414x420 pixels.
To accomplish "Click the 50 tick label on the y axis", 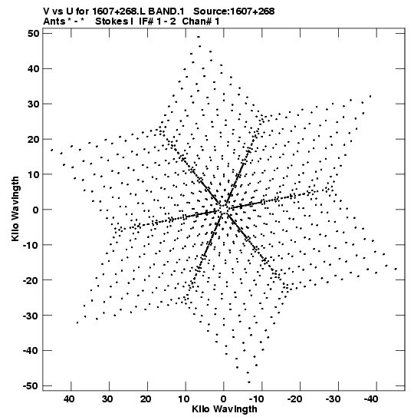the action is pyautogui.click(x=34, y=34).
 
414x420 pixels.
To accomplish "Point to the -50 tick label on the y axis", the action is pyautogui.click(x=31, y=386).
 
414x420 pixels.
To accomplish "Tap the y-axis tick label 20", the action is pyautogui.click(x=34, y=139).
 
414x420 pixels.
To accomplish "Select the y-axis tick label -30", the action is pyautogui.click(x=31, y=316).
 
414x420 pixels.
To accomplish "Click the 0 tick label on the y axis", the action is pyautogui.click(x=36, y=210).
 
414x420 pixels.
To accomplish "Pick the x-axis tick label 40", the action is pyautogui.click(x=69, y=399).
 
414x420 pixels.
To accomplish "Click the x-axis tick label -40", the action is pyautogui.click(x=371, y=399).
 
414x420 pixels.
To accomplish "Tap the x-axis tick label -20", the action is pyautogui.click(x=294, y=399).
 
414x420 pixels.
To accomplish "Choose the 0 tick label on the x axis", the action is pyautogui.click(x=224, y=399).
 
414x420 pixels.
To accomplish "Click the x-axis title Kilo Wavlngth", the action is pyautogui.click(x=225, y=409).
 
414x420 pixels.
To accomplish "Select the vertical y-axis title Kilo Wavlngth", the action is pyautogui.click(x=15, y=209).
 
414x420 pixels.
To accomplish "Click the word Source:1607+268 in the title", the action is pyautogui.click(x=234, y=12).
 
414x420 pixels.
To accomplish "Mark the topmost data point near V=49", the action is pyautogui.click(x=198, y=37).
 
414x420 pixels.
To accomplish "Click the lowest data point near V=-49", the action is pyautogui.click(x=249, y=382).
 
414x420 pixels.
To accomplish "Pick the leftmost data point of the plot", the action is pyautogui.click(x=51, y=150).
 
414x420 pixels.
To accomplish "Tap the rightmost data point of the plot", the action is pyautogui.click(x=396, y=269).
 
